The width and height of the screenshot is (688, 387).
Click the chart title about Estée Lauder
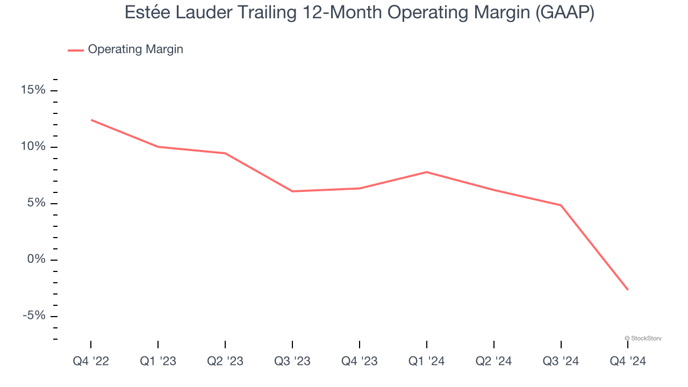click(359, 12)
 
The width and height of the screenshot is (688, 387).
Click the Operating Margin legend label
click(135, 49)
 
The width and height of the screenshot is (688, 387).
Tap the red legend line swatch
click(76, 50)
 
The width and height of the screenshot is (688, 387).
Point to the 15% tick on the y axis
click(33, 90)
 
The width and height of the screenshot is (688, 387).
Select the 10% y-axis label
click(33, 147)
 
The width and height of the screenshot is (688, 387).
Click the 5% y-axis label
click(36, 203)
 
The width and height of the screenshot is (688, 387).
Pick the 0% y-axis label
click(36, 260)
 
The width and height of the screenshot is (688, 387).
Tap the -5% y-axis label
click(34, 316)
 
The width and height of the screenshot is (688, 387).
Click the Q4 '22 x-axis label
click(91, 362)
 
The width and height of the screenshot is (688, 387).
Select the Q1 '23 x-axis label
click(158, 362)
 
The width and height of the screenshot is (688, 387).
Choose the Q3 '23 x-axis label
click(292, 362)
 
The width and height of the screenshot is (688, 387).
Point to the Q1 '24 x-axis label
click(426, 362)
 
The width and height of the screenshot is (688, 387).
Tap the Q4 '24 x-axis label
click(628, 362)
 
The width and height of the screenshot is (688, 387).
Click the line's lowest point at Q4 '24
click(627, 290)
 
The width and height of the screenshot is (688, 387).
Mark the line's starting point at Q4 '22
click(91, 120)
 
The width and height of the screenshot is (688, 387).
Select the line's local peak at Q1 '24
click(426, 172)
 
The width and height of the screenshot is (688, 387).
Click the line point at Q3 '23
click(292, 191)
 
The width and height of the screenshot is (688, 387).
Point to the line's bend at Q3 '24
click(561, 205)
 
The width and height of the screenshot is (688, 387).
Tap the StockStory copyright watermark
click(643, 338)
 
